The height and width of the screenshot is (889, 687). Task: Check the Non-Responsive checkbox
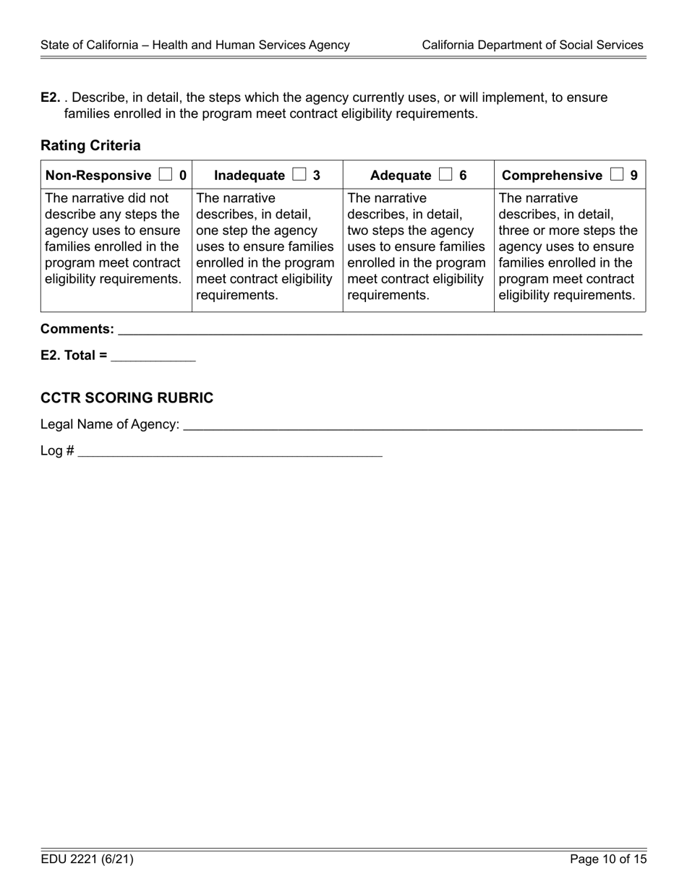[166, 175]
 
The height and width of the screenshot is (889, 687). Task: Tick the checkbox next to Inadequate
[299, 175]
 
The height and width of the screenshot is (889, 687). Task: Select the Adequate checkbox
[445, 175]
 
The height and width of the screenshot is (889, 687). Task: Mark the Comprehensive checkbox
[616, 175]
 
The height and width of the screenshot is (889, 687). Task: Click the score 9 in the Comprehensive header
[633, 175]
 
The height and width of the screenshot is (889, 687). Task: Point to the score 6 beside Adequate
[463, 175]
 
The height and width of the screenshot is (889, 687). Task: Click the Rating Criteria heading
[90, 145]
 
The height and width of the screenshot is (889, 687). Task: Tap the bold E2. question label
[50, 98]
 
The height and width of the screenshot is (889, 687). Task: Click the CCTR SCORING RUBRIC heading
[127, 398]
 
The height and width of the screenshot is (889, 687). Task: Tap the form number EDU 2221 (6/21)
[87, 859]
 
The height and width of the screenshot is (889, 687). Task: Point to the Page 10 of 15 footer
[607, 859]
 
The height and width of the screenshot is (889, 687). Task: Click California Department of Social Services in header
[532, 45]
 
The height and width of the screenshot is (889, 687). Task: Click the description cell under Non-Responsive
[116, 239]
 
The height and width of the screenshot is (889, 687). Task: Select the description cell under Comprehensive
[569, 246]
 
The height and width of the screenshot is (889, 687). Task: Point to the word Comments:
[77, 330]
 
